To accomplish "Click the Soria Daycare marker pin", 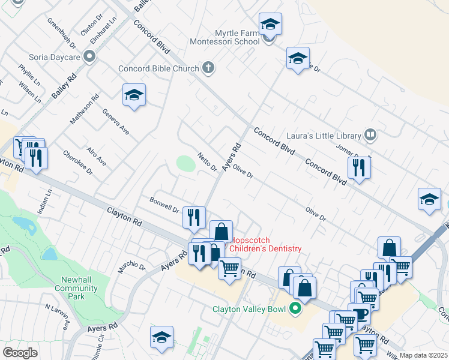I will point(90,57).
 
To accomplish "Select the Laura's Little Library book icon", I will point(370,135).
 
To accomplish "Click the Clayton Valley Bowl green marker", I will point(294,309).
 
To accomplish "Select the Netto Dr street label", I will point(207,161).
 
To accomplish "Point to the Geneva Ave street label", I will point(115,121).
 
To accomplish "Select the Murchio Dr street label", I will point(131,263).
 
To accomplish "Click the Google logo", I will point(20,353).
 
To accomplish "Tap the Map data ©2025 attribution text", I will point(423,355).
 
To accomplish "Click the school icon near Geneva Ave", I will point(134,95).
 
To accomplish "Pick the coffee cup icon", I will point(360,314).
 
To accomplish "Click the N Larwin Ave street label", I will point(58,315).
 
